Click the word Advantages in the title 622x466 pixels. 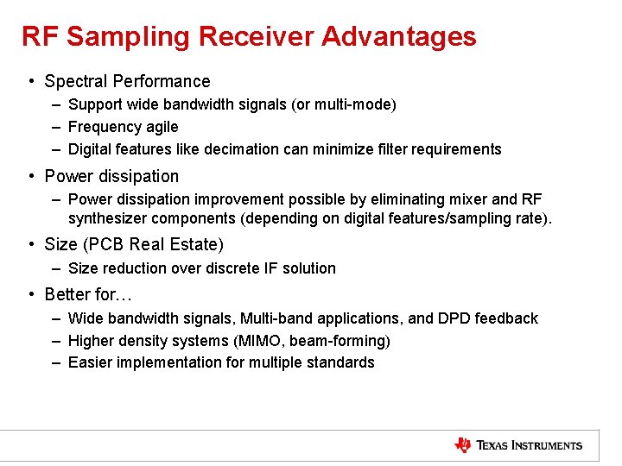(x=398, y=36)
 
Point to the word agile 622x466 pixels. (x=161, y=127)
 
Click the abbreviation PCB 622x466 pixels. (x=106, y=244)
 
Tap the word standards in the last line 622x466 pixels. (x=340, y=362)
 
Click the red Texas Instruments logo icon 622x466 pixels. (x=463, y=445)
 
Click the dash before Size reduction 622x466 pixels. (x=55, y=268)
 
